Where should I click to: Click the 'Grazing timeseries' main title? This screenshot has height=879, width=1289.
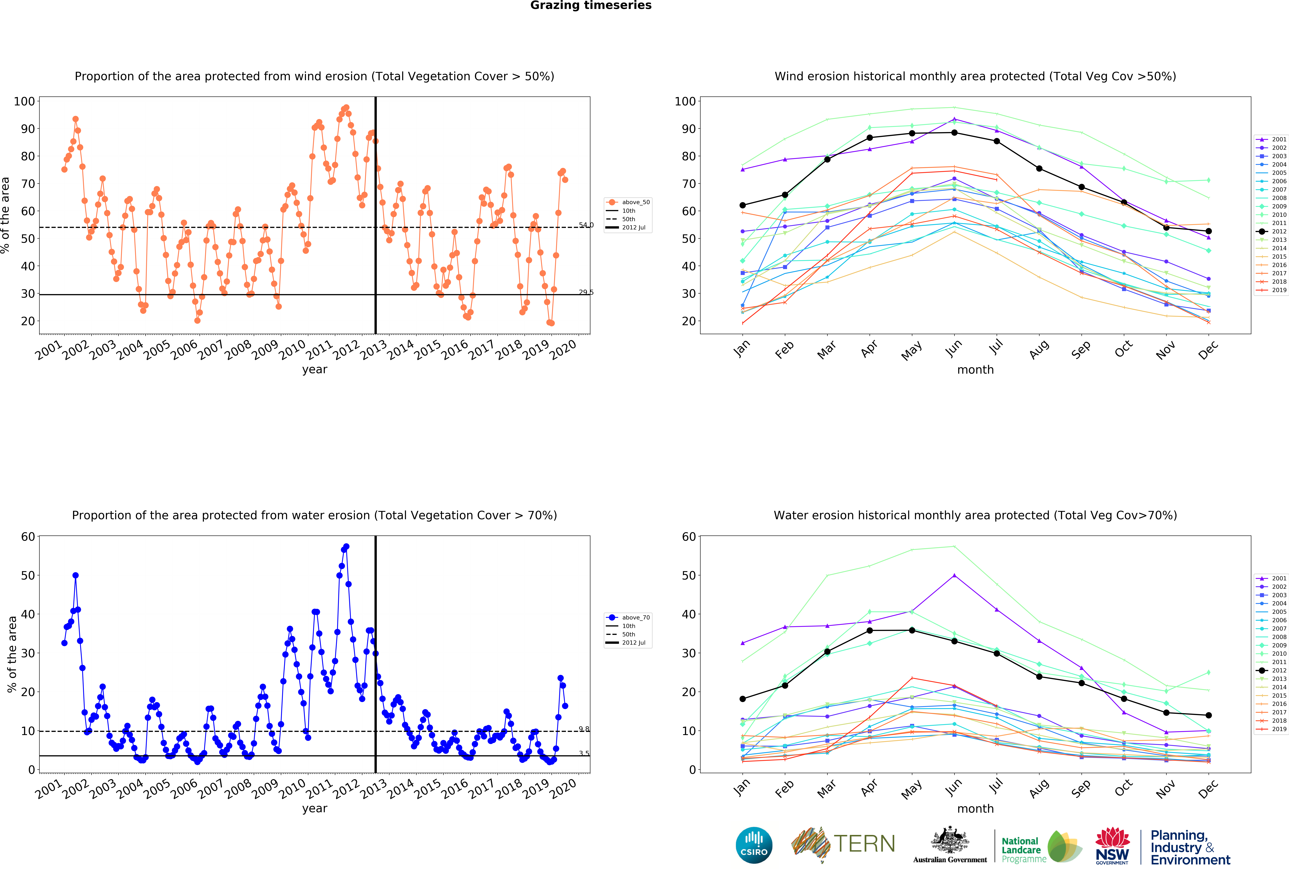point(591,6)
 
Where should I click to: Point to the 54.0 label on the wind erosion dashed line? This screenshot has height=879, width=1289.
point(586,225)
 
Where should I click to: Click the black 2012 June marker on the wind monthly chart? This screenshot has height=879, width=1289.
point(954,133)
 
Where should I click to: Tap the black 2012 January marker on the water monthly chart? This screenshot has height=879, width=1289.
point(743,699)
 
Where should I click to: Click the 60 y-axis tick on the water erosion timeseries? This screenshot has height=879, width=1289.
point(28,537)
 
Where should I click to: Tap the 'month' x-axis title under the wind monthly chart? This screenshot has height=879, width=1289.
point(975,370)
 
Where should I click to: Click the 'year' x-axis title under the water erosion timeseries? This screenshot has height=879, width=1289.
point(315,809)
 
